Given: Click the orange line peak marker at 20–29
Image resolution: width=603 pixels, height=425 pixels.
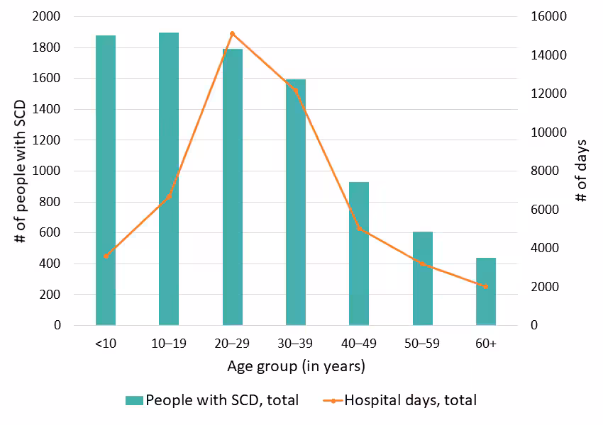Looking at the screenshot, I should point(233,33).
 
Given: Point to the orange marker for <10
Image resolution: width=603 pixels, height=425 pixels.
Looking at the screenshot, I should point(106,256).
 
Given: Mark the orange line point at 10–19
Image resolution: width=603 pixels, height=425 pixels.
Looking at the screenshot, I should point(169,196).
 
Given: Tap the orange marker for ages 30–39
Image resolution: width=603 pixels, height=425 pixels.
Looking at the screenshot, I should point(296,90).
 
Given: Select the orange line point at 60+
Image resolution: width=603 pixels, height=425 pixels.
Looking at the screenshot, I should point(486,286).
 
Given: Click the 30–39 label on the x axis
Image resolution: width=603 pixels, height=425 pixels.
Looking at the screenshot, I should point(296,344).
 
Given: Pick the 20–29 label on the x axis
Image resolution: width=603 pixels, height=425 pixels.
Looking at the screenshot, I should point(233,344).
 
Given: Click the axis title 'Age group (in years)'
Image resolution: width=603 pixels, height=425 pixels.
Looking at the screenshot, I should point(296,367).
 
